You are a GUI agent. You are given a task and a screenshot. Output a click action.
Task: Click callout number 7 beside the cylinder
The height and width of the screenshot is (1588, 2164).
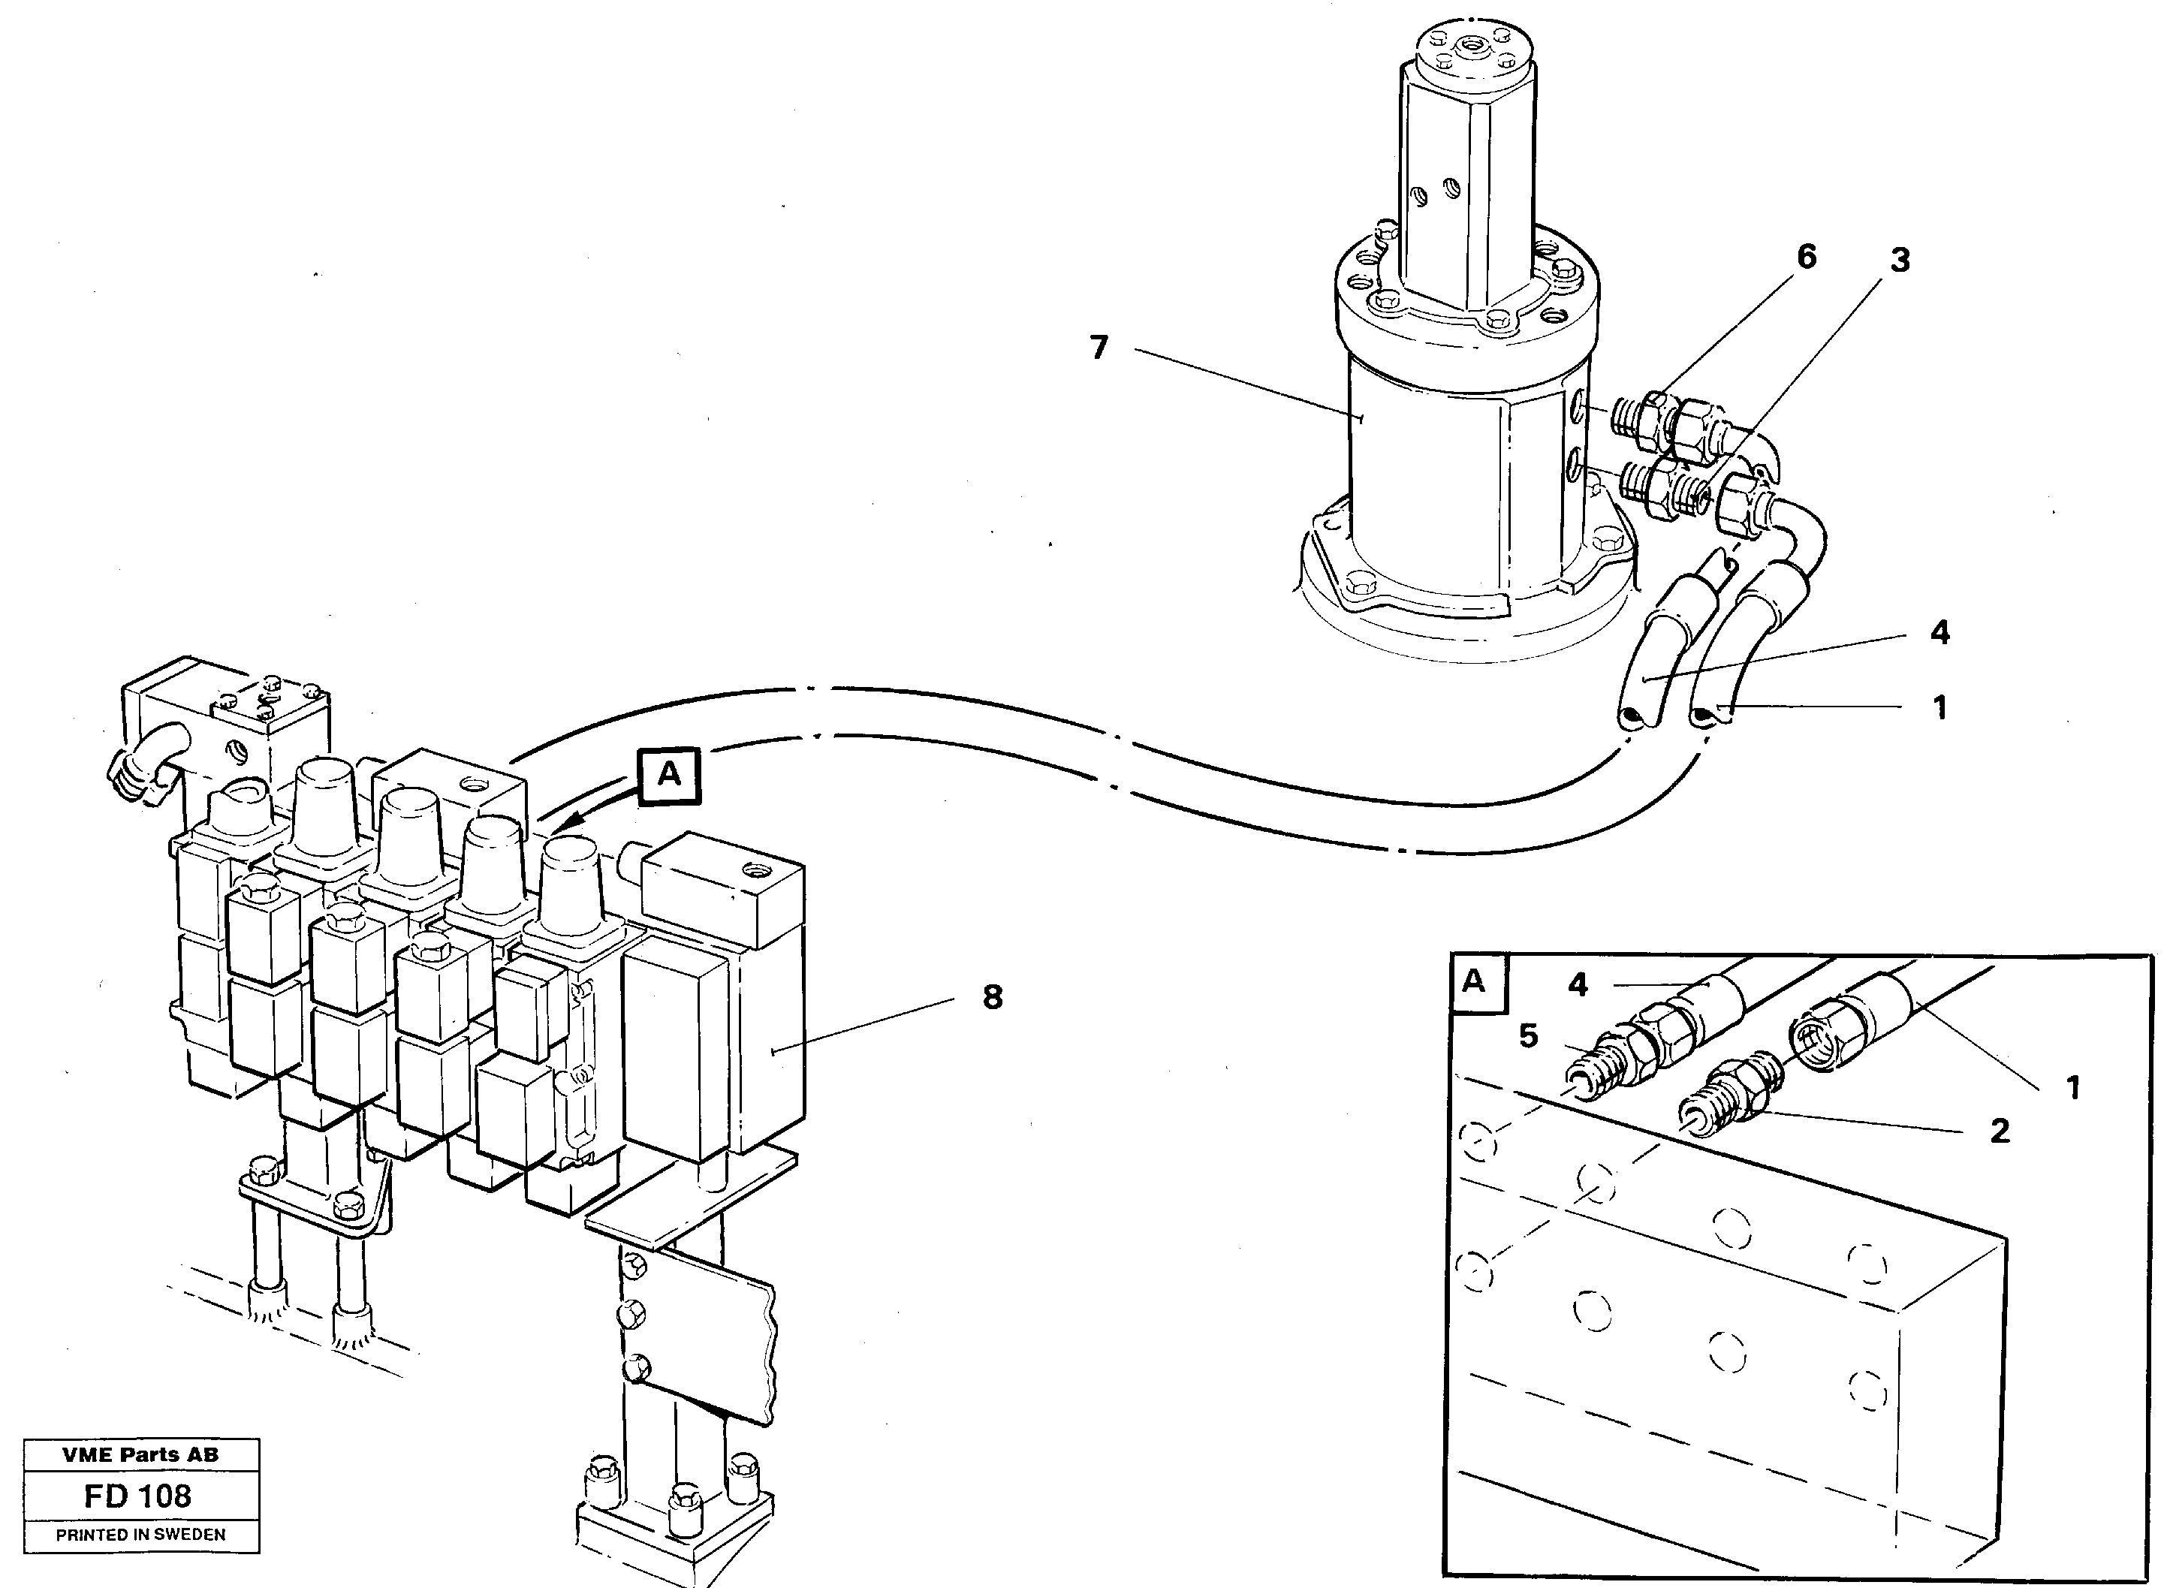pyautogui.click(x=1099, y=348)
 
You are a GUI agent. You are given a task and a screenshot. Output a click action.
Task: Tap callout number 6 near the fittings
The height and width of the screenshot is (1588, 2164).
pyautogui.click(x=1807, y=257)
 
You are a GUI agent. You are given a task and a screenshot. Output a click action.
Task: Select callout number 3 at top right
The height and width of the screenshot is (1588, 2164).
pyautogui.click(x=1900, y=260)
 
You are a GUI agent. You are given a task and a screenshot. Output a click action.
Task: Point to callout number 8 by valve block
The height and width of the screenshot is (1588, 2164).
pyautogui.click(x=992, y=997)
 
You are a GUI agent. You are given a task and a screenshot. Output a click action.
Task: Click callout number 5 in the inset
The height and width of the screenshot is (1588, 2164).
pyautogui.click(x=1529, y=1035)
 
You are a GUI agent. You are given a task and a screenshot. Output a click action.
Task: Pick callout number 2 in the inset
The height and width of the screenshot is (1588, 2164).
pyautogui.click(x=2000, y=1131)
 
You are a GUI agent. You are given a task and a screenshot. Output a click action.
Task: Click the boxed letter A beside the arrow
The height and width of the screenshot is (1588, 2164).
pyautogui.click(x=669, y=775)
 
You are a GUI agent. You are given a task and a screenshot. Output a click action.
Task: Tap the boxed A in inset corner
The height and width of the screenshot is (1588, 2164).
pyautogui.click(x=1474, y=982)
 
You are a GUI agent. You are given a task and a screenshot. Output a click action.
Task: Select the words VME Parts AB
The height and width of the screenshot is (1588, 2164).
pyautogui.click(x=140, y=1455)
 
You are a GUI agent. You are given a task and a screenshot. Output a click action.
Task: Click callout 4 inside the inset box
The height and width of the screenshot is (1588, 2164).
pyautogui.click(x=1578, y=984)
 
